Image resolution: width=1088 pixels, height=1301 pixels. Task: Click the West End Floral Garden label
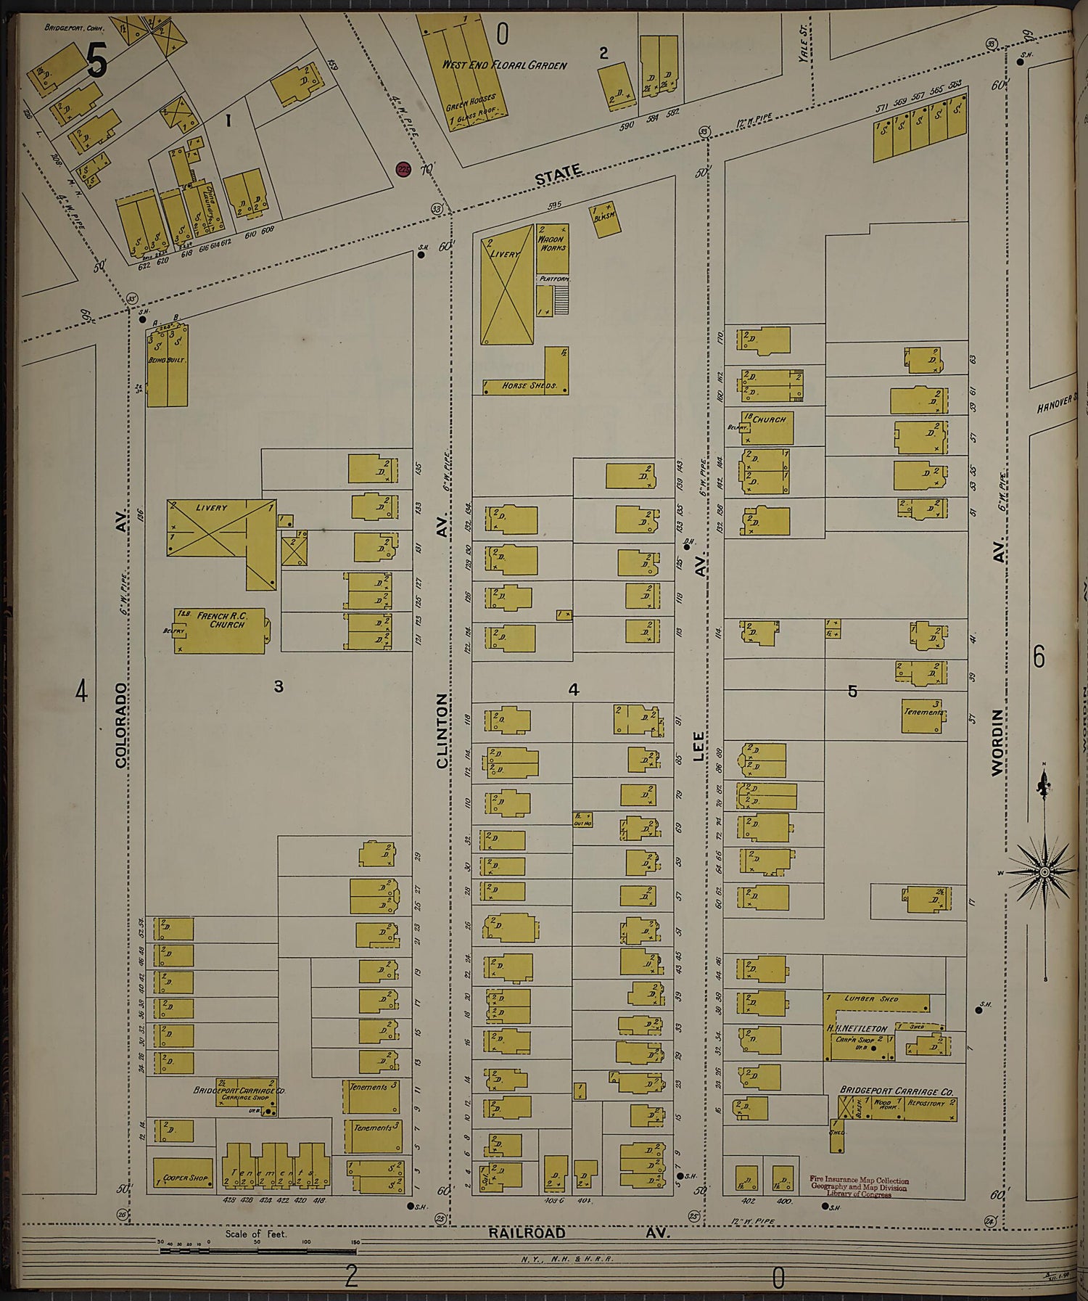point(504,65)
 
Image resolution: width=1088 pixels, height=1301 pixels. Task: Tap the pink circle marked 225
point(404,169)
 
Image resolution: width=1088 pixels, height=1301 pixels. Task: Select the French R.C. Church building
point(220,631)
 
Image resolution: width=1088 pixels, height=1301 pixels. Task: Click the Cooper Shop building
point(184,1173)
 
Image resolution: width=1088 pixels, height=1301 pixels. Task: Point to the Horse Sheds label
point(529,385)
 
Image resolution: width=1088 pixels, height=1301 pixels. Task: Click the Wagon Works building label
point(552,243)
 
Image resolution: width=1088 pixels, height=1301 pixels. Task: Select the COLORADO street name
point(121,725)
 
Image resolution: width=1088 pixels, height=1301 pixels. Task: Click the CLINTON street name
point(442,730)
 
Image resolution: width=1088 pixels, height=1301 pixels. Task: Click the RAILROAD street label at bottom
point(526,1233)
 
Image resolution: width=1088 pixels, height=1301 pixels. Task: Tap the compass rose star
point(1043,871)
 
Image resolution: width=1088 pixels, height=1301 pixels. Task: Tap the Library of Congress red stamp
point(859,1186)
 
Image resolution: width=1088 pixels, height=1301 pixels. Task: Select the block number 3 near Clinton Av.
point(279,686)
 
